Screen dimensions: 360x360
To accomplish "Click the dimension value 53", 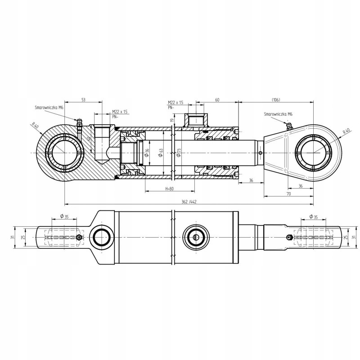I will [x=84, y=99].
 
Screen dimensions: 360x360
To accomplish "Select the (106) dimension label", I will [x=276, y=99].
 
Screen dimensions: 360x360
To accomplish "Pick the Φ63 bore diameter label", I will [x=161, y=153].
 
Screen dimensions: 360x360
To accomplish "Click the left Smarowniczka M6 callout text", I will [x=48, y=108].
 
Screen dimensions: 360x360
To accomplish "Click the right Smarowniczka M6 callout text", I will [x=279, y=115].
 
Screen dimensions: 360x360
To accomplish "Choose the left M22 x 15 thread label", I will [x=120, y=112].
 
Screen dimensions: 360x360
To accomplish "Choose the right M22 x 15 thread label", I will [x=175, y=103].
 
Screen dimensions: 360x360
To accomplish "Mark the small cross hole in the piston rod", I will [x=261, y=153].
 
